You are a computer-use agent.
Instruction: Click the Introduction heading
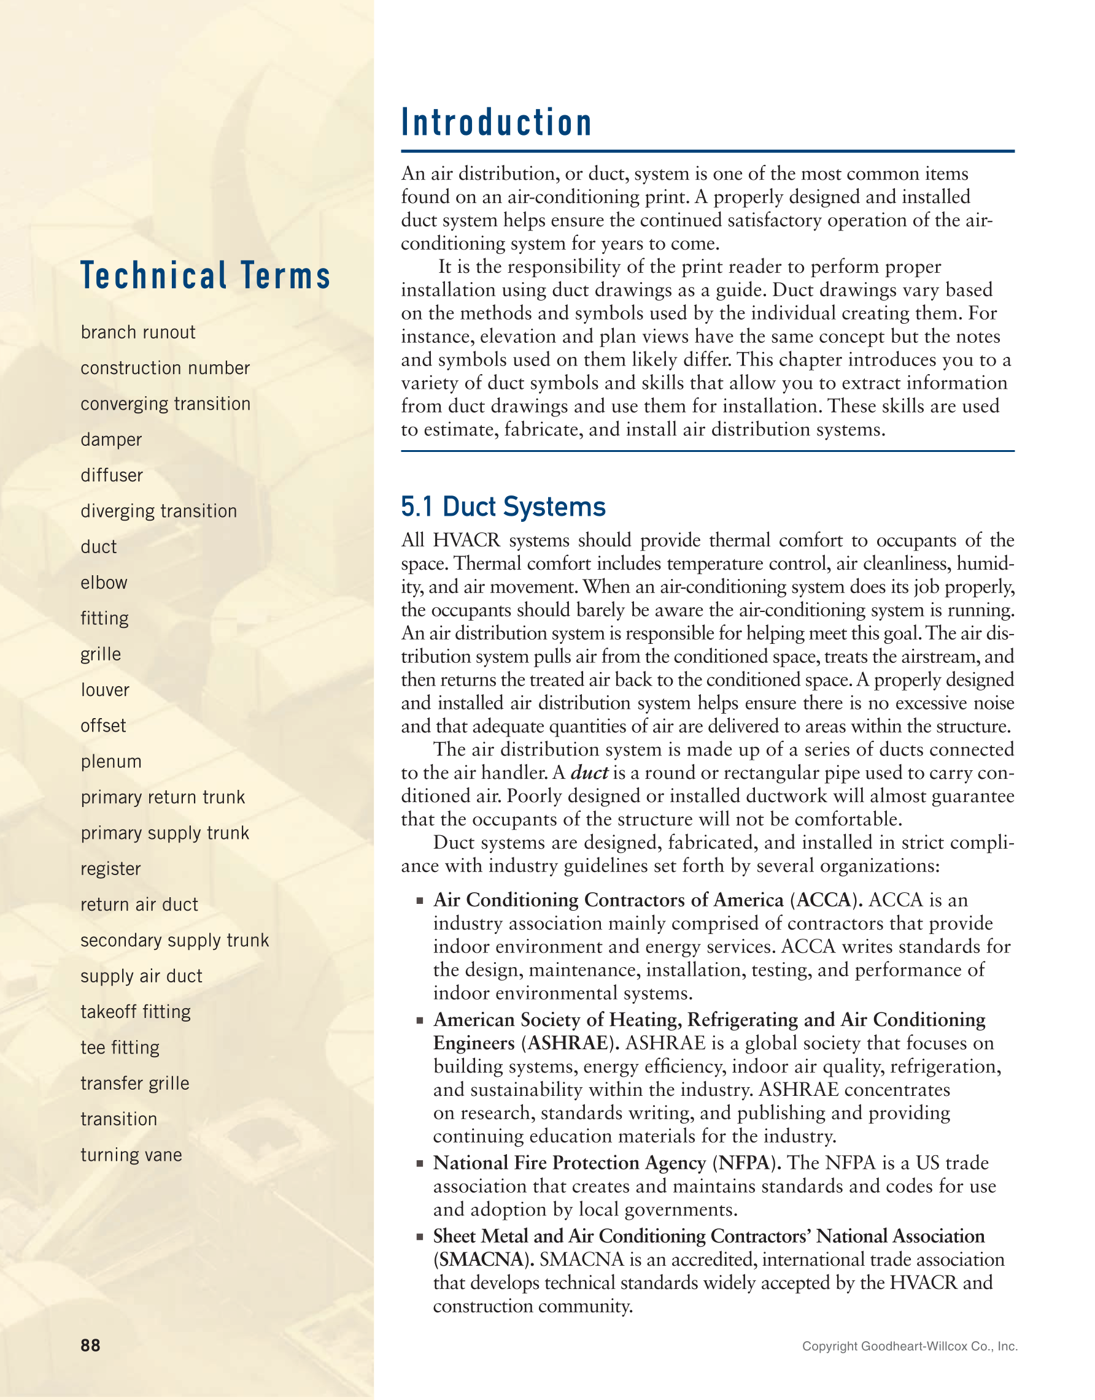coord(496,123)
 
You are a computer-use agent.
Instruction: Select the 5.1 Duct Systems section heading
coord(503,507)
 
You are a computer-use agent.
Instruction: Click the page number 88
coord(90,1345)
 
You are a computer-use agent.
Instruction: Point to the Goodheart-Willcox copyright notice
coord(909,1346)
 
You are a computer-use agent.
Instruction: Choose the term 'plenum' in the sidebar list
coord(111,762)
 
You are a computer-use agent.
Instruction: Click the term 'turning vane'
coord(131,1155)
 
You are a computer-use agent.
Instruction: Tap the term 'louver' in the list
coord(105,690)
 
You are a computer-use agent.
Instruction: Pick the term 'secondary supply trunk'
coord(174,940)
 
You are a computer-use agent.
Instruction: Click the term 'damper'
coord(111,440)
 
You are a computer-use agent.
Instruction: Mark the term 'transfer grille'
coord(134,1084)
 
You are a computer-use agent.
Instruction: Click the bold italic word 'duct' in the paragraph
coord(589,773)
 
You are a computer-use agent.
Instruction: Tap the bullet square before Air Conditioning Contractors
coord(420,901)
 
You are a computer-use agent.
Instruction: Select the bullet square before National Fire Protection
coord(420,1163)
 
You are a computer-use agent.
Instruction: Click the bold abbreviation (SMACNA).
coord(484,1260)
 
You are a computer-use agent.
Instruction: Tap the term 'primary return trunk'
coord(163,797)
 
